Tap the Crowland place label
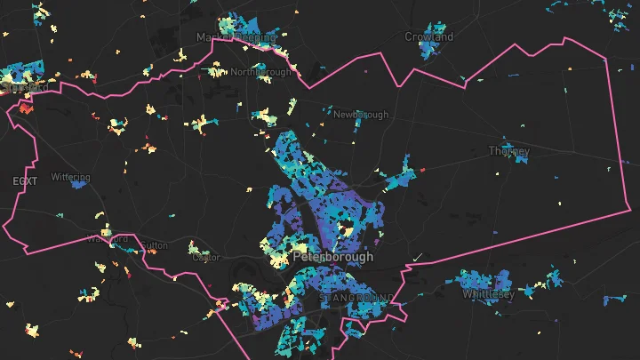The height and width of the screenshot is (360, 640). point(429,37)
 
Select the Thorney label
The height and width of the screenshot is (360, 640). point(509,151)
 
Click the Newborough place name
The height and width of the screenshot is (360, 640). point(361,115)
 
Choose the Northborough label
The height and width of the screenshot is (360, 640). point(260,73)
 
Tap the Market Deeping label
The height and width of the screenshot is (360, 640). point(236,37)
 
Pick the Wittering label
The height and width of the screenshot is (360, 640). point(70,177)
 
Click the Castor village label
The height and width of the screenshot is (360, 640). point(205,258)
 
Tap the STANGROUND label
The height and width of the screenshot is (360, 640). point(358,296)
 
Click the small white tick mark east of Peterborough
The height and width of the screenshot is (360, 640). point(418,257)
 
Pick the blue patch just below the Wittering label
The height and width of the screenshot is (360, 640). point(79,183)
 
